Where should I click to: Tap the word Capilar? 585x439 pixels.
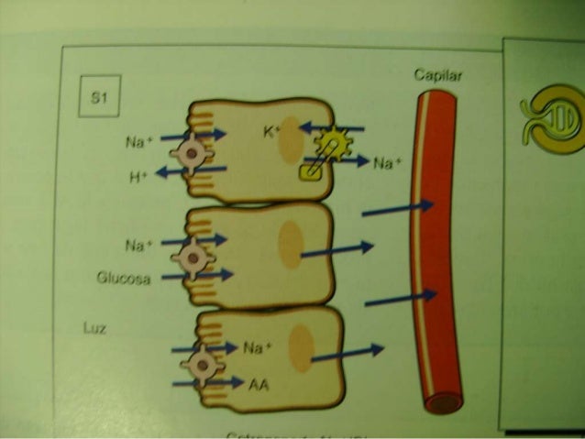tap(438, 77)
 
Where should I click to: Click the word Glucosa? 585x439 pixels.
tap(122, 276)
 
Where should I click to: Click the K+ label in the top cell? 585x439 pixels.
tap(271, 132)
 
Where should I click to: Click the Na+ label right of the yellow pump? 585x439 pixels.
tap(386, 163)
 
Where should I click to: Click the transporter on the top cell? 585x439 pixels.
tap(192, 153)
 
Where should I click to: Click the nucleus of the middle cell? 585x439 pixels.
tap(290, 246)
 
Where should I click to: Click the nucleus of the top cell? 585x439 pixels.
tap(291, 140)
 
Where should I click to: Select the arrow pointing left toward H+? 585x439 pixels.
tap(190, 171)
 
